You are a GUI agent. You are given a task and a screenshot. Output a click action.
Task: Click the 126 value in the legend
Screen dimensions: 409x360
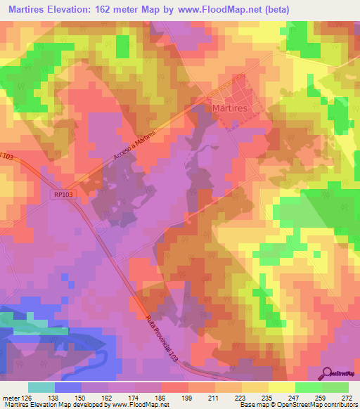(x=30, y=397)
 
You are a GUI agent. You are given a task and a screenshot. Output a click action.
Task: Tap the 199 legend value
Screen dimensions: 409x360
(x=187, y=397)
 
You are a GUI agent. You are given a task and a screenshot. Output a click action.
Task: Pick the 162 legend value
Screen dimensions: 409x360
(x=108, y=397)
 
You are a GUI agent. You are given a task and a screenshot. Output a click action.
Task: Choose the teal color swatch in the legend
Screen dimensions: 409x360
(x=41, y=387)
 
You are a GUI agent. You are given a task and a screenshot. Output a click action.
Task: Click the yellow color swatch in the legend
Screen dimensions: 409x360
(x=281, y=387)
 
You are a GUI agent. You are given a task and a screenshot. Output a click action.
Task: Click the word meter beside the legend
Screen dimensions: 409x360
(x=11, y=397)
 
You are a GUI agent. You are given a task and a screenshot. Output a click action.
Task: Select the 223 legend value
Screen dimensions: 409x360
(x=240, y=397)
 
